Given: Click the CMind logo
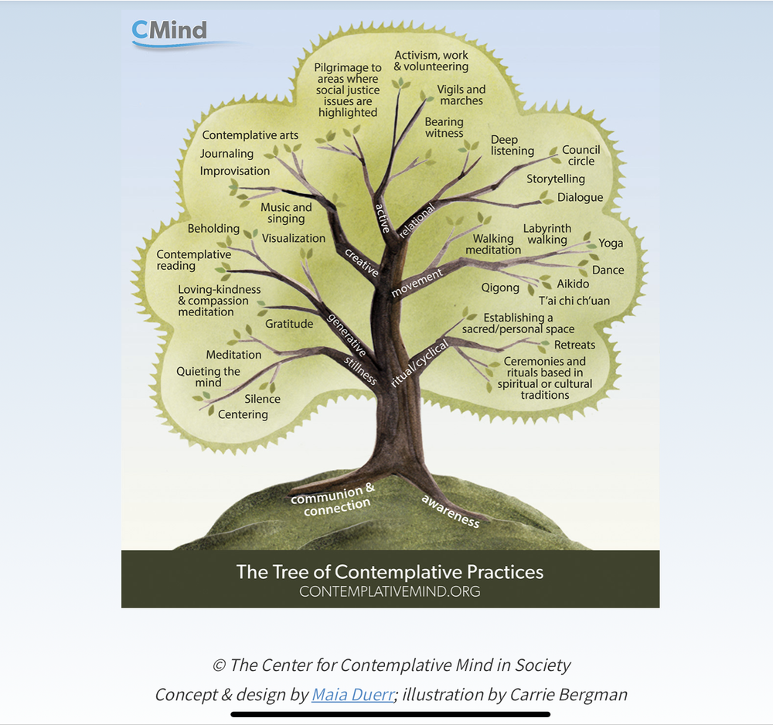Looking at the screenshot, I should pos(170,31).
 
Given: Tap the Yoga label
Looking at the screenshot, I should pos(611,243).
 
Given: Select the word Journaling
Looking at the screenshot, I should pos(226,154).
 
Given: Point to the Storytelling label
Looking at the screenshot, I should pos(556,179).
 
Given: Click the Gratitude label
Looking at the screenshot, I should pos(289,324).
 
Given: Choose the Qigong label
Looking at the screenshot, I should pos(500,288).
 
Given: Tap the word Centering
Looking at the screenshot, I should pos(243,415).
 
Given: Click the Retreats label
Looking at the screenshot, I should pos(574,345).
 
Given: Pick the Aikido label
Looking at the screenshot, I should pos(573,284).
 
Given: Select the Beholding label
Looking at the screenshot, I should pos(213,229).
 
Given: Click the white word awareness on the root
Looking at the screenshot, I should pos(450,512).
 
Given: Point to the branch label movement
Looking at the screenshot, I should pos(417,283).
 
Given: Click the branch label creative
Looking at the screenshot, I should pos(361,263).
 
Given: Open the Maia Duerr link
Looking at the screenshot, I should pos(352,694).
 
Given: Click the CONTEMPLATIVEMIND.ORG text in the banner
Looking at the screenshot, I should pos(390,592).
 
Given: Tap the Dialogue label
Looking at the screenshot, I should pos(580,198).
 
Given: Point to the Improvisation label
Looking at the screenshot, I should pos(235,171).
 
